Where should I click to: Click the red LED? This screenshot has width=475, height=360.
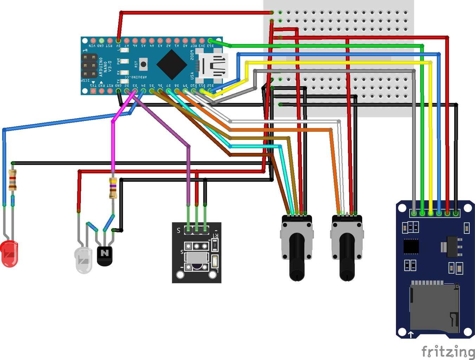[9, 254]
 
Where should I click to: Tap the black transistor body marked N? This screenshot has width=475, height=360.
[104, 256]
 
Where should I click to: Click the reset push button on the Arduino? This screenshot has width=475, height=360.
[143, 64]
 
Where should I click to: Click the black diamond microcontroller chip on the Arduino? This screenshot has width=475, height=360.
[171, 65]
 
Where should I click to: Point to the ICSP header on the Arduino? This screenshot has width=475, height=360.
[89, 65]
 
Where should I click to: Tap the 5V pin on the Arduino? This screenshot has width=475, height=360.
[118, 41]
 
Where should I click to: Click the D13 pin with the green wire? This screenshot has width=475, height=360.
[210, 41]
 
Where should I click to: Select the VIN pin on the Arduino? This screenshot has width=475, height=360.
[93, 41]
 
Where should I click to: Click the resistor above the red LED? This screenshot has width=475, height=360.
[13, 180]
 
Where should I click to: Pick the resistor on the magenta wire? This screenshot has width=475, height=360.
[113, 188]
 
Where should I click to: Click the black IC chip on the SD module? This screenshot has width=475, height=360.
[411, 246]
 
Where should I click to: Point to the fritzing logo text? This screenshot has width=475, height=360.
[448, 351]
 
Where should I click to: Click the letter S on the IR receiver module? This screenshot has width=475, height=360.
[178, 231]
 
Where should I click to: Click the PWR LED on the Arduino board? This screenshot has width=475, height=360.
[124, 61]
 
